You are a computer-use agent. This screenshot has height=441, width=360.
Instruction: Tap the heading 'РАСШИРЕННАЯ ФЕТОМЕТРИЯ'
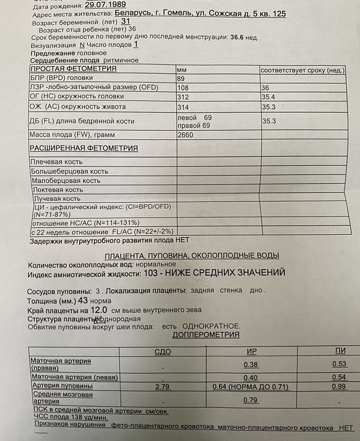point(84,148)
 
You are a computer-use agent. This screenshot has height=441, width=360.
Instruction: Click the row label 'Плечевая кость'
point(56,162)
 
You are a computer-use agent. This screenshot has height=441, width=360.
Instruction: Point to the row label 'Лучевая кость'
point(55,199)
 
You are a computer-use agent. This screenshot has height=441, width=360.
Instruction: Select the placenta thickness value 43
point(83,300)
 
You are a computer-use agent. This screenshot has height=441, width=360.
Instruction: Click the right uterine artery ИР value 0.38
point(251,364)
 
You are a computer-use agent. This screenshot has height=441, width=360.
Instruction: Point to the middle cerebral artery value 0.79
point(251,400)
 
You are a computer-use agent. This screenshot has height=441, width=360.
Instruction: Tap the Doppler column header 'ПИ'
point(341,351)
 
